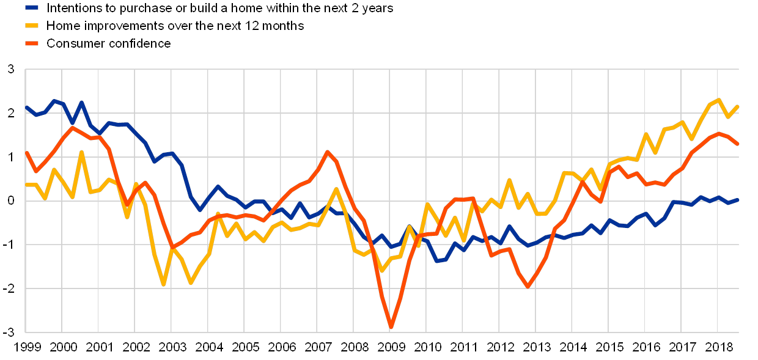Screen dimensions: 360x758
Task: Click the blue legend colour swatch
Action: tap(31, 9)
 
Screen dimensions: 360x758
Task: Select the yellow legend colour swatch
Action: tap(31, 26)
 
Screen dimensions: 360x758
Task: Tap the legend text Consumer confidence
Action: tap(108, 43)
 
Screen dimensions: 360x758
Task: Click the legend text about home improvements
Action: tap(175, 26)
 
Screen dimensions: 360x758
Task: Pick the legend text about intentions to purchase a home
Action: tap(220, 9)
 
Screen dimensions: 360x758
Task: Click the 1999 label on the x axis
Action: tap(27, 347)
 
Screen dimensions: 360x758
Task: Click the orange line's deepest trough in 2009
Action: tap(391, 327)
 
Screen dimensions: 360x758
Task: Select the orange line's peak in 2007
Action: tap(327, 152)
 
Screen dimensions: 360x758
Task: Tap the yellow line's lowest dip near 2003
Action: tap(164, 284)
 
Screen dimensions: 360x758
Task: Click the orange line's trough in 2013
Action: tap(528, 286)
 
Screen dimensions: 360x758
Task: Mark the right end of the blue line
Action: tap(738, 200)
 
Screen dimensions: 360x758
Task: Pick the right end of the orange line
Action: tap(738, 144)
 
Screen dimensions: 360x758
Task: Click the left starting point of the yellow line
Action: tap(26, 185)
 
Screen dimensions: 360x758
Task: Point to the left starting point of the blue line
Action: tap(26, 107)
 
